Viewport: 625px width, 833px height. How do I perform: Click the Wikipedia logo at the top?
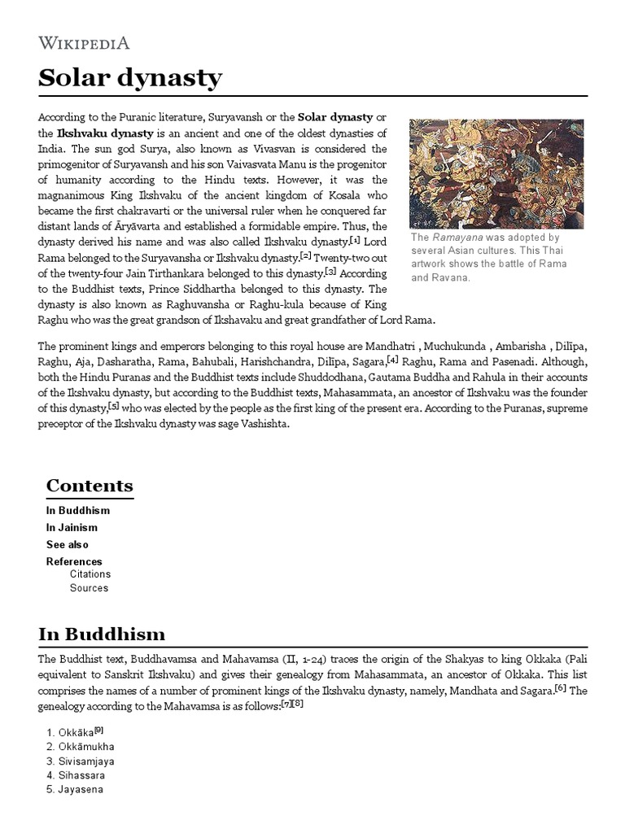84,43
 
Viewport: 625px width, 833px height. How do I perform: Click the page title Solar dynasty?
130,78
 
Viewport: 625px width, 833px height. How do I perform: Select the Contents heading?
90,486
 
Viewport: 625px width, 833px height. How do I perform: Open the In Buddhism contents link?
78,511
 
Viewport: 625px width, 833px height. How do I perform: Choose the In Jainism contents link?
72,528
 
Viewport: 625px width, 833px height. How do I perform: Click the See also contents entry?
68,545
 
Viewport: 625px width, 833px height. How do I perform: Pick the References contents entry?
74,562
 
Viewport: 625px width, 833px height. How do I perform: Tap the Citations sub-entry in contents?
90,574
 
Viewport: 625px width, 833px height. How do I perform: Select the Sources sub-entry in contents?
89,587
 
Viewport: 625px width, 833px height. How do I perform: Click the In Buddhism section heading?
102,634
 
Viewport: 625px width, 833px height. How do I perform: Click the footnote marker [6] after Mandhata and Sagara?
561,687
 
